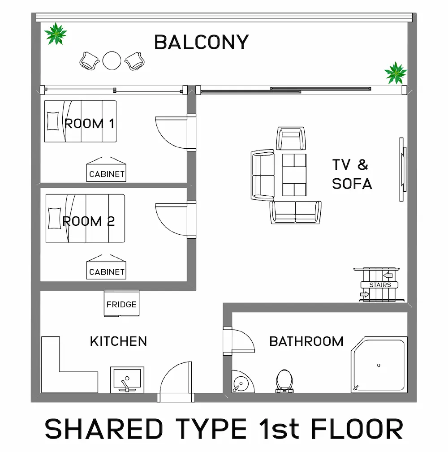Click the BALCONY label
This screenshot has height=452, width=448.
point(201,43)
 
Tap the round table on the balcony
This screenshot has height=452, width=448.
point(112,60)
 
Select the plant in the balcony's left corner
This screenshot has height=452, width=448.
point(56,34)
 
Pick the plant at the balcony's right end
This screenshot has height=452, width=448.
point(396,73)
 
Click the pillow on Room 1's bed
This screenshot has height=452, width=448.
point(53,121)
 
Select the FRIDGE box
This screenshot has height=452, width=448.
point(121,304)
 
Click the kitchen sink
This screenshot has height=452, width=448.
point(127,380)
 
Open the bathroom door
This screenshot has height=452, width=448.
point(239,340)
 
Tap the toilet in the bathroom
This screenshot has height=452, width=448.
point(284,381)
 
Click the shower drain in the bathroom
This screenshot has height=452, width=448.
point(379,366)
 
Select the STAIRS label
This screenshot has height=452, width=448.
point(380,285)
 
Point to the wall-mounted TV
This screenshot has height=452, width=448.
point(402,169)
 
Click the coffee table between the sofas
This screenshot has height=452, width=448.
point(294,175)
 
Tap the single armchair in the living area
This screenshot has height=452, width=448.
point(291,138)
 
